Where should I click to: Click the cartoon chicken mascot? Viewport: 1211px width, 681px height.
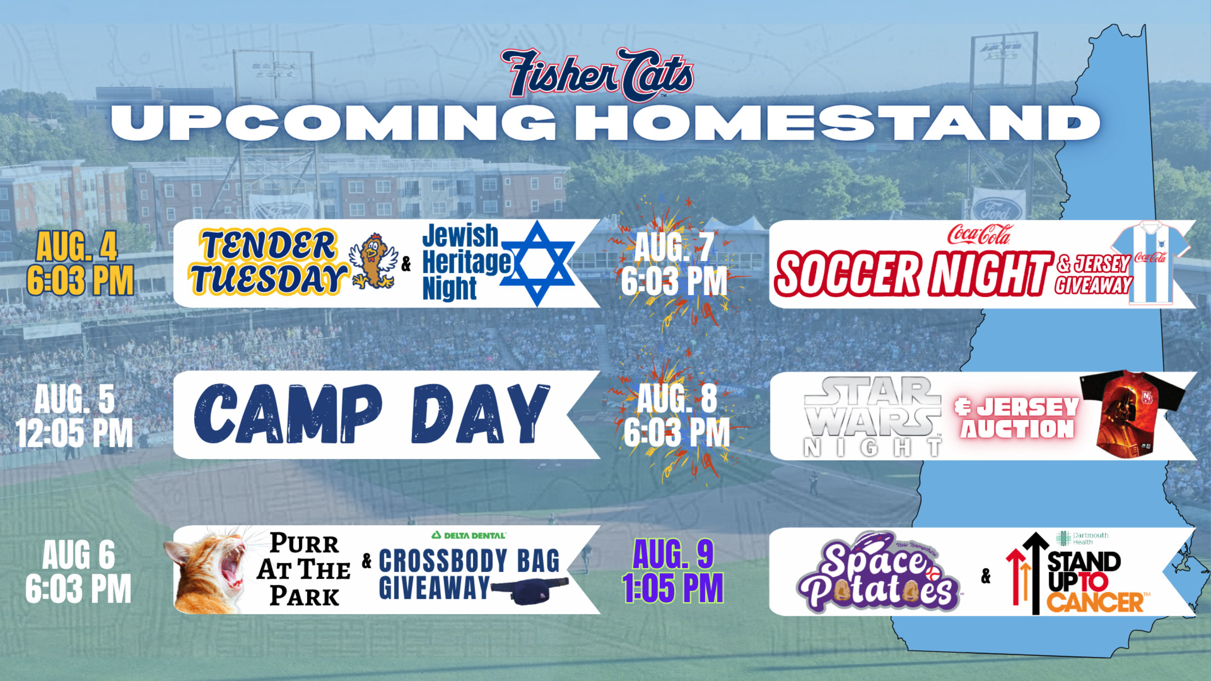374,261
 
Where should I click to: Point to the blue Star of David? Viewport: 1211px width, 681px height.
537,263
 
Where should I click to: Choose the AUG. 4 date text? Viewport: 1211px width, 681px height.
77,246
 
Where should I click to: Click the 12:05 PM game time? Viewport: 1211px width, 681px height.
75,433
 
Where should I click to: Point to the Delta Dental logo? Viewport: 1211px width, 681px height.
468,535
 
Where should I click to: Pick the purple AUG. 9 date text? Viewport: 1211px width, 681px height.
673,554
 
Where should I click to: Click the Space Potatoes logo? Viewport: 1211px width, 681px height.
878,572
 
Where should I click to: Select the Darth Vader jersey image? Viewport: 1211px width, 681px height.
1132,415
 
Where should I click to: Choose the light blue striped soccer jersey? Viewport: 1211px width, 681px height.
1150,262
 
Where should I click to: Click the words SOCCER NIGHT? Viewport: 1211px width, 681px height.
914,274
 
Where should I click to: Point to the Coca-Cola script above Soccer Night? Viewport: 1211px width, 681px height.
980,235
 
